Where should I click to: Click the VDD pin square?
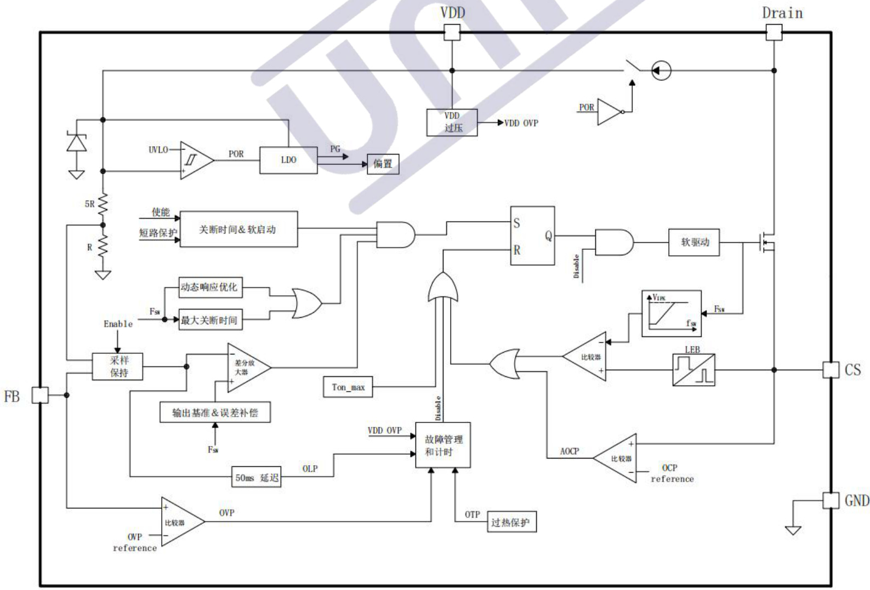pos(452,33)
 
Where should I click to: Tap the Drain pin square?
pos(774,33)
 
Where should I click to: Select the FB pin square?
pos(40,395)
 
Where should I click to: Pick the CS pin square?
pos(831,370)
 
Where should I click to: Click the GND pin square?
pos(831,500)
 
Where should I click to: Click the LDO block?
pos(288,160)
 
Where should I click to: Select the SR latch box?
pos(532,236)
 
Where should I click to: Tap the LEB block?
pos(693,370)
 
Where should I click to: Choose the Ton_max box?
pos(348,387)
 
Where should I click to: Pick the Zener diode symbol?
pos(76,143)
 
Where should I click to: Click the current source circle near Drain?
pos(661,71)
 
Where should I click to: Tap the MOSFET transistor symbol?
pos(766,242)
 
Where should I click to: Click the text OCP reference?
pos(672,473)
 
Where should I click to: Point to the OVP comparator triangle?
pos(180,522)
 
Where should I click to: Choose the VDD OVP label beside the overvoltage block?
pos(521,123)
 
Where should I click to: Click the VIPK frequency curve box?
pos(671,313)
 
